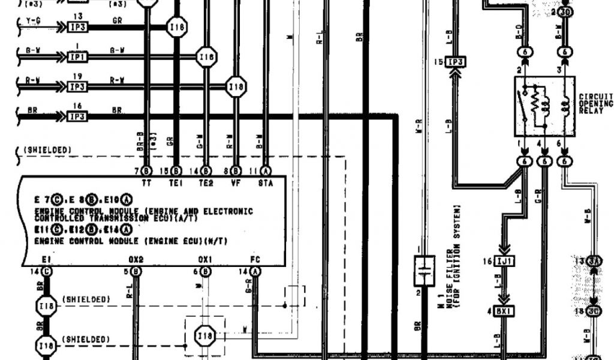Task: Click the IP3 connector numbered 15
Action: [456, 62]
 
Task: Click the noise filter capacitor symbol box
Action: [424, 271]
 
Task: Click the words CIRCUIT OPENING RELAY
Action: [596, 103]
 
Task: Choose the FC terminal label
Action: [256, 260]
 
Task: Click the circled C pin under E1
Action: [47, 271]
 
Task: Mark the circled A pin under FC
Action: [256, 271]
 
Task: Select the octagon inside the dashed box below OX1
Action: [206, 337]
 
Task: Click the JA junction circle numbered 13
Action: [595, 261]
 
